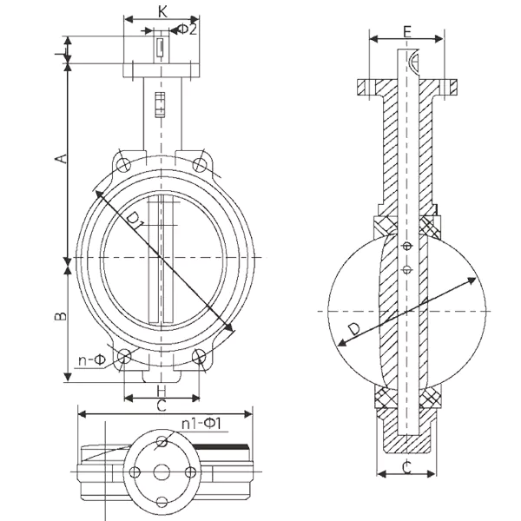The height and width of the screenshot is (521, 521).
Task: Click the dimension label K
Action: (x=162, y=11)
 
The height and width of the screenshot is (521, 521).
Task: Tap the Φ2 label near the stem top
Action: (x=188, y=30)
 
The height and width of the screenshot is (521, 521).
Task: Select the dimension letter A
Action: (x=61, y=159)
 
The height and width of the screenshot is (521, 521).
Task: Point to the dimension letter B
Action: (x=60, y=316)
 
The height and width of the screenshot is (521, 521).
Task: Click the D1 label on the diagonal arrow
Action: (x=135, y=220)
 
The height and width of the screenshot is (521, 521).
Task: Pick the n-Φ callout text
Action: (x=92, y=359)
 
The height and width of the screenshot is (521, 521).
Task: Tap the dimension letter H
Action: (x=162, y=391)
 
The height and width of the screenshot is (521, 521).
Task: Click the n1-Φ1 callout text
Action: (x=201, y=424)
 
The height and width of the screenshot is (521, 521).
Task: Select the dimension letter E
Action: (x=407, y=32)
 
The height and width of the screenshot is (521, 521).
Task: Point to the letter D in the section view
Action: (x=354, y=329)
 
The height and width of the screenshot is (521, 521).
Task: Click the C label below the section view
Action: (x=406, y=467)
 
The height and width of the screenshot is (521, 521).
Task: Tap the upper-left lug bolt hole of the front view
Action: (x=125, y=164)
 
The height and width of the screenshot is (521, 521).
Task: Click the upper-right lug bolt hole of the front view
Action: (x=200, y=164)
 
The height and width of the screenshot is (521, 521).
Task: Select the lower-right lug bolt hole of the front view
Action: (x=199, y=356)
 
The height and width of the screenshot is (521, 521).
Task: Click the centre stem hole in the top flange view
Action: (x=162, y=472)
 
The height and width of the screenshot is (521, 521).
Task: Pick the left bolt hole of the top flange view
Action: (x=135, y=472)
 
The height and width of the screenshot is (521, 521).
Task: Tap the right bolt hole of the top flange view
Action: (x=190, y=472)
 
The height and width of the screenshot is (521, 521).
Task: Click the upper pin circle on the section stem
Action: (x=407, y=246)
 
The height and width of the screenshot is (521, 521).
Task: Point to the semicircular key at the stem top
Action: (x=413, y=62)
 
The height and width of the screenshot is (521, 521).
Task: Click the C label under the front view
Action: (x=162, y=406)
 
